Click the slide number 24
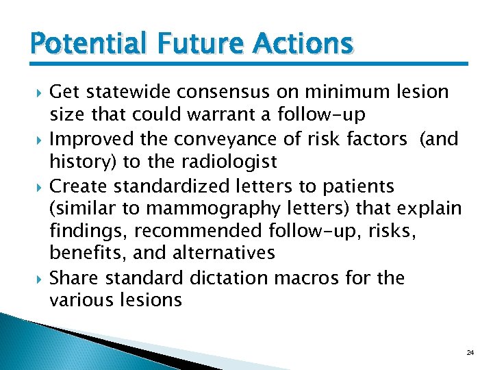470,351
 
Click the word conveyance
212,139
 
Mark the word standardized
168,186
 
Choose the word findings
84,230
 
